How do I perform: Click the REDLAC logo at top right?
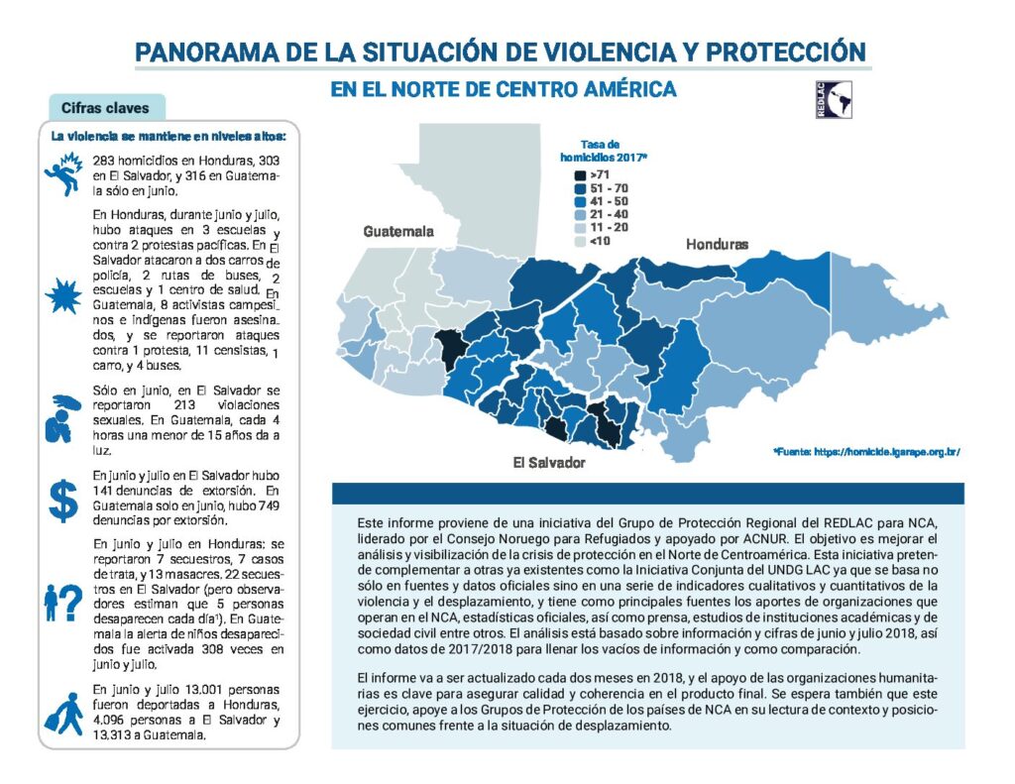pyautogui.click(x=832, y=99)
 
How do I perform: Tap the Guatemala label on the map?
pyautogui.click(x=398, y=232)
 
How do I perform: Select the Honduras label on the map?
pyautogui.click(x=717, y=244)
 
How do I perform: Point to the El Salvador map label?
pyautogui.click(x=549, y=463)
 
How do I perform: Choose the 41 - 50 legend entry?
pyautogui.click(x=600, y=200)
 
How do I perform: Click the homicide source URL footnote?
pyautogui.click(x=866, y=452)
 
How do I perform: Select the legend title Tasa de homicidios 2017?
pyautogui.click(x=600, y=151)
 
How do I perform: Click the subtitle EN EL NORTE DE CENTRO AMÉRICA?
pyautogui.click(x=504, y=89)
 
